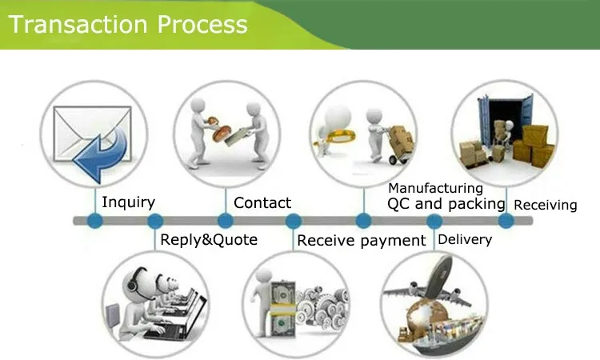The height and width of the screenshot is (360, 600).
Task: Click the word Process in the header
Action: click(x=202, y=24)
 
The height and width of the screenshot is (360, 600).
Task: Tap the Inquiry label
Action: click(x=128, y=202)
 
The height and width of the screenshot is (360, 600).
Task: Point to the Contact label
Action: click(x=262, y=203)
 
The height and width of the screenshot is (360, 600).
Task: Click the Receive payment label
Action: click(x=362, y=240)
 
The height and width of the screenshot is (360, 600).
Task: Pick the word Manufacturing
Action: click(x=435, y=188)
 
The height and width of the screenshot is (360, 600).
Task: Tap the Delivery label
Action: click(x=465, y=239)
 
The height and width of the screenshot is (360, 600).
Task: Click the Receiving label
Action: click(x=545, y=205)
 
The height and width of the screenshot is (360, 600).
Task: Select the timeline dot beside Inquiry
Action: click(x=94, y=220)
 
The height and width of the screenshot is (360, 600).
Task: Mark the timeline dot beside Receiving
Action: click(x=506, y=220)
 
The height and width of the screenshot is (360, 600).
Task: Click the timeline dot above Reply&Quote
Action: click(x=155, y=220)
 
